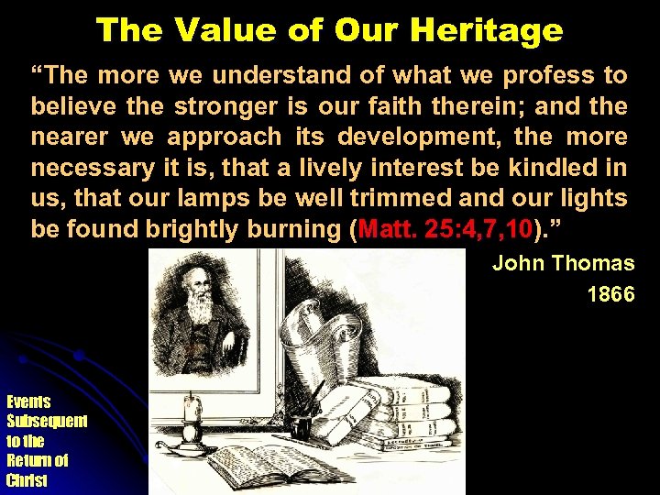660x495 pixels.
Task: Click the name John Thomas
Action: [x=563, y=264]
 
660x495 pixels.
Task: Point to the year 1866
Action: [x=610, y=295]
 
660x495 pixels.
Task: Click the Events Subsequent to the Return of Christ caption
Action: [x=46, y=440]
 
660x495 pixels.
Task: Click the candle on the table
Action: [x=192, y=412]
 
